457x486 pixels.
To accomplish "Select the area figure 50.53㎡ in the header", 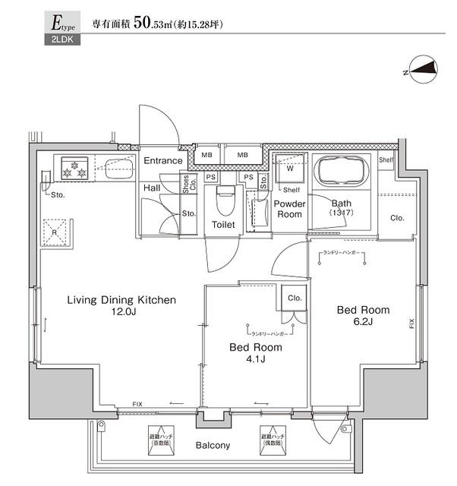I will pyautogui.click(x=159, y=24).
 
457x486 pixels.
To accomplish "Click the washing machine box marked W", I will pyautogui.click(x=289, y=169).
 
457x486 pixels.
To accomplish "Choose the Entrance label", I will pyautogui.click(x=163, y=161).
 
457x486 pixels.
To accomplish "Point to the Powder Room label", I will pyautogui.click(x=289, y=209).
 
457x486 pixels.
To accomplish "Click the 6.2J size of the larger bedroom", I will pyautogui.click(x=363, y=322).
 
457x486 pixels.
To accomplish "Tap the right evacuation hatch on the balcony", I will pyautogui.click(x=273, y=439).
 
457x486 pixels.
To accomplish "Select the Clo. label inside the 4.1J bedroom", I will pyautogui.click(x=295, y=298).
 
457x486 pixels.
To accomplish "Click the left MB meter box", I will pyautogui.click(x=206, y=155).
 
